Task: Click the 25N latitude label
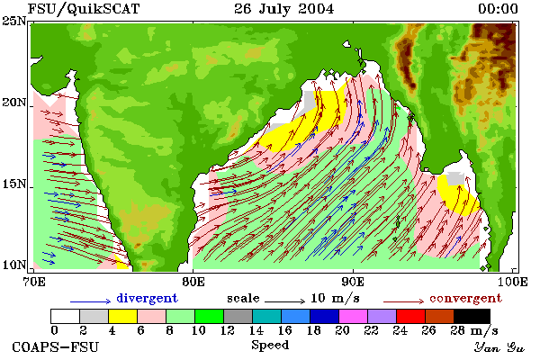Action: (x=14, y=22)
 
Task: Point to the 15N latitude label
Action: (x=14, y=184)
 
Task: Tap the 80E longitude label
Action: (x=193, y=282)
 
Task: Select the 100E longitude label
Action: (x=513, y=282)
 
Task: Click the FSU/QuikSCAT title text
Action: (x=84, y=9)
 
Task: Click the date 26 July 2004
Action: (x=283, y=9)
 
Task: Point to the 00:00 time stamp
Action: (x=498, y=9)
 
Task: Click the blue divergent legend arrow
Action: (x=91, y=301)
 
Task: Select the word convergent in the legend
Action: (x=465, y=298)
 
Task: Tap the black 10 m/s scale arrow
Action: (x=285, y=301)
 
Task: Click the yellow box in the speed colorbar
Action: (x=123, y=316)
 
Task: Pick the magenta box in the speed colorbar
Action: (x=354, y=316)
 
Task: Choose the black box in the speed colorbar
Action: (x=472, y=316)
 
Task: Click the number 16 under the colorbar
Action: (x=284, y=330)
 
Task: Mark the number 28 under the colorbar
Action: (x=458, y=330)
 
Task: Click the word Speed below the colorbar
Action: (x=270, y=346)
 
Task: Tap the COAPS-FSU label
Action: (x=56, y=346)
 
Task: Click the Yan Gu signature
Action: (x=499, y=347)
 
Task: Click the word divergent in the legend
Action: (x=147, y=298)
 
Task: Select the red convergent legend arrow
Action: (x=404, y=301)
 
